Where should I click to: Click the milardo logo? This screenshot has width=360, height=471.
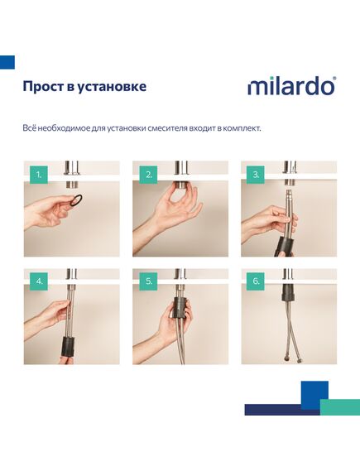click(x=291, y=86)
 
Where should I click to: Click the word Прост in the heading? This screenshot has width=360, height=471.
click(x=43, y=87)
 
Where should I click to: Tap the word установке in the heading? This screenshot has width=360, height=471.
click(x=112, y=87)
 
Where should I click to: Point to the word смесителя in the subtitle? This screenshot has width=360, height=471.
click(x=167, y=128)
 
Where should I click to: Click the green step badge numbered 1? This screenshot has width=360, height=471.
click(x=39, y=175)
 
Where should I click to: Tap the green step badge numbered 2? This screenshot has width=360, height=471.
click(x=148, y=175)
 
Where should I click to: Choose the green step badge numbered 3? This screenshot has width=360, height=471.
click(x=256, y=175)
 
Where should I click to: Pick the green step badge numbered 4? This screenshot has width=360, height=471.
click(x=39, y=281)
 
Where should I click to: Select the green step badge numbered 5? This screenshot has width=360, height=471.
click(x=148, y=281)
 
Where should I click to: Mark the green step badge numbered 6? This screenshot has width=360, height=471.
click(x=256, y=281)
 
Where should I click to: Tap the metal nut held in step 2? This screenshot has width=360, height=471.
click(x=180, y=184)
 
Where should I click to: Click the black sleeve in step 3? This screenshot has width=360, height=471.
click(x=284, y=245)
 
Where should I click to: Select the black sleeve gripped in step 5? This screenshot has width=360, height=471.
click(x=180, y=307)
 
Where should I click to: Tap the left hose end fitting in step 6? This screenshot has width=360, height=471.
click(x=285, y=358)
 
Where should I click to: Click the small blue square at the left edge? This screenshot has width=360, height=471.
click(x=7, y=62)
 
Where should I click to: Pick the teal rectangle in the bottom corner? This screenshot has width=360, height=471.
click(x=340, y=407)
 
